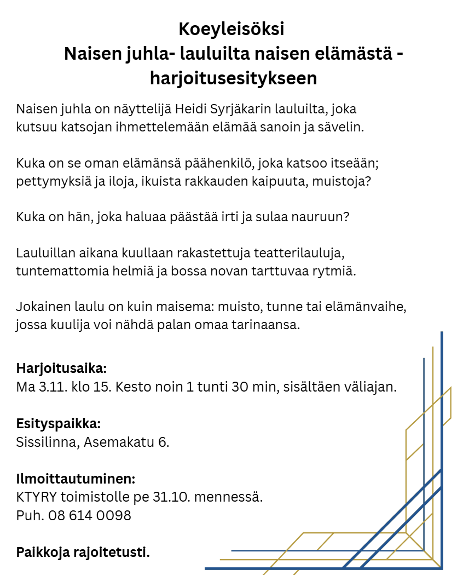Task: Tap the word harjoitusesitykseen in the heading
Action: [x=234, y=78]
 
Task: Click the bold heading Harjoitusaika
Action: [x=61, y=367]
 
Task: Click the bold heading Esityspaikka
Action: [x=59, y=423]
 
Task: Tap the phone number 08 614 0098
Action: [x=89, y=515]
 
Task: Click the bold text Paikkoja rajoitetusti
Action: [x=83, y=552]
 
